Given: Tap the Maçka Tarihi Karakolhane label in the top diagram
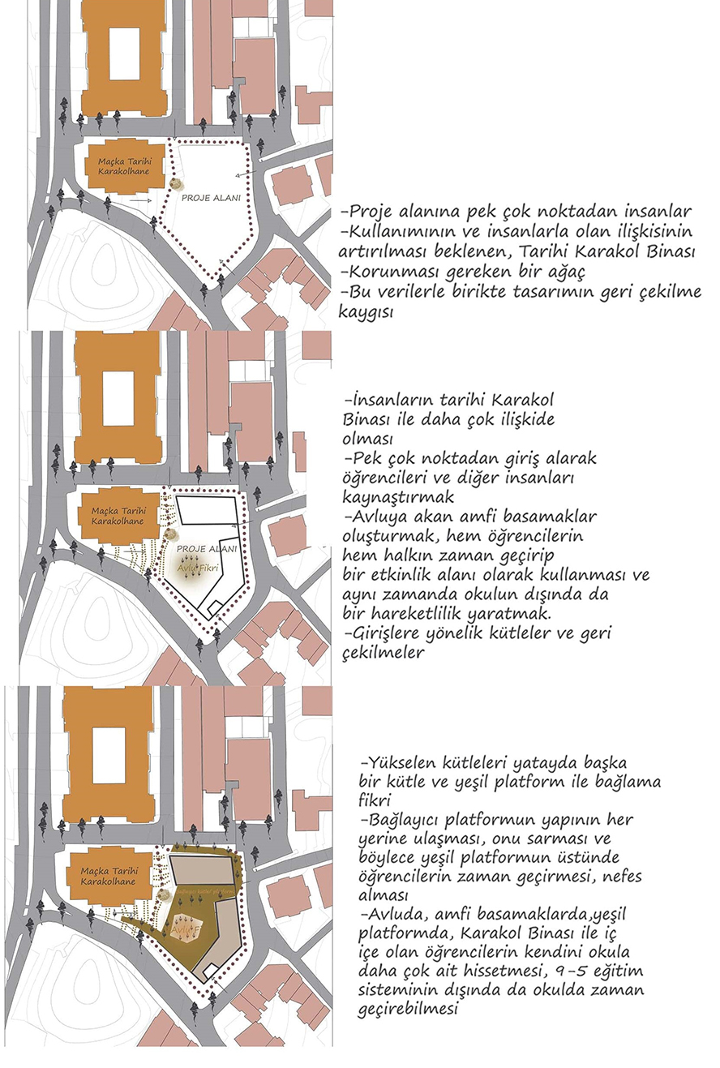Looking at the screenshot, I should [126, 168].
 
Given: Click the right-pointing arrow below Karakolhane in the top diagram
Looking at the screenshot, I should [140, 199].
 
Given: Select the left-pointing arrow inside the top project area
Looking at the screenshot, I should [243, 174].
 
